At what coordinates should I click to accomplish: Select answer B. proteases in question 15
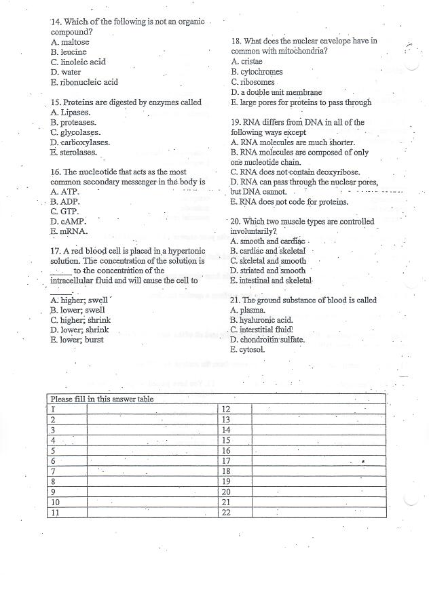(x=73, y=123)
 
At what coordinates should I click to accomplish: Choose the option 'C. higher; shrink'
(x=80, y=320)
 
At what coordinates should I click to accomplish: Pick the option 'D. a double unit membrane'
(x=276, y=92)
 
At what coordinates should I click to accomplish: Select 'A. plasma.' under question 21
(x=249, y=311)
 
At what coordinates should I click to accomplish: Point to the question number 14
(x=56, y=22)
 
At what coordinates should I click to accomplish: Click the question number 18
(x=236, y=41)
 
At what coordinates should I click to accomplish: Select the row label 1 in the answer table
(x=52, y=410)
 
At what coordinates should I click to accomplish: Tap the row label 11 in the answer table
(x=56, y=513)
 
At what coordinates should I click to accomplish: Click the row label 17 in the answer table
(x=227, y=461)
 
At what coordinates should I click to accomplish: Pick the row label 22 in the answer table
(x=227, y=513)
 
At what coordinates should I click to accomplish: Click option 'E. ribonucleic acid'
(x=83, y=82)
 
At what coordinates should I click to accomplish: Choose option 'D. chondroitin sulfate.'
(x=267, y=340)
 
